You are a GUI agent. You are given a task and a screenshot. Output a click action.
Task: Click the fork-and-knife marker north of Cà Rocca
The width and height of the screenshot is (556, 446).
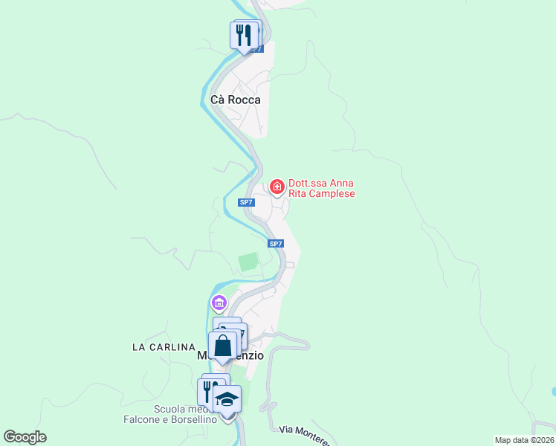[x=244, y=35]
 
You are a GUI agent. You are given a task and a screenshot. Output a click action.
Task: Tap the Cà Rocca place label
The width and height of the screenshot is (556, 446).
[x=236, y=100]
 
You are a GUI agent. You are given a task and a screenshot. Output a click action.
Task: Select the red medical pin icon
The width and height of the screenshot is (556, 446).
[x=277, y=187]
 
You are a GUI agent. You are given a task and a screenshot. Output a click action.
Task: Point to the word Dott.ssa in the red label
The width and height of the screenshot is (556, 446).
[x=309, y=184]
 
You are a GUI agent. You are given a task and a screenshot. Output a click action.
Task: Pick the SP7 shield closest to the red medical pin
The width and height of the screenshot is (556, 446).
[x=247, y=202]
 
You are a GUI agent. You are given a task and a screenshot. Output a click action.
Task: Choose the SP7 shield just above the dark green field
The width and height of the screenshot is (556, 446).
[x=275, y=243]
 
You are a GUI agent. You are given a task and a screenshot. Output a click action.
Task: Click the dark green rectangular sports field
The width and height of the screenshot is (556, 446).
[x=248, y=262]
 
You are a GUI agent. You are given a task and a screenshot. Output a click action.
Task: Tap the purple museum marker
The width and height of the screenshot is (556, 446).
[x=219, y=303]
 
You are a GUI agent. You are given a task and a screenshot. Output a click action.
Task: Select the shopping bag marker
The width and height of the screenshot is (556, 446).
[x=223, y=346]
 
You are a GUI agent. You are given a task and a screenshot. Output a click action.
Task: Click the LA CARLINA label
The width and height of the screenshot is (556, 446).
[x=163, y=347]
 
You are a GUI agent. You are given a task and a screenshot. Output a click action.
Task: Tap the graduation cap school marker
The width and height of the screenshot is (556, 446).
[x=227, y=399]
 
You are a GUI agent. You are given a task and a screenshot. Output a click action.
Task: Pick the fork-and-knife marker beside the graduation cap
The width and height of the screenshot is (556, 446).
[x=207, y=391]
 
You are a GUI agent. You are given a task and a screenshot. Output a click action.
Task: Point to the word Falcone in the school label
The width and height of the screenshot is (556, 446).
[x=143, y=419]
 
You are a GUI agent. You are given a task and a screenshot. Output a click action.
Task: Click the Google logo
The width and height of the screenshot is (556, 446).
[x=25, y=437]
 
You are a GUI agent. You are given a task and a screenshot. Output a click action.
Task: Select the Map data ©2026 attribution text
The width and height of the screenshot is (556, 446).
[x=525, y=440]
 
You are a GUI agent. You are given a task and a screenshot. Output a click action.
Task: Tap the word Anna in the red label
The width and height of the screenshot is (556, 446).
[x=341, y=184]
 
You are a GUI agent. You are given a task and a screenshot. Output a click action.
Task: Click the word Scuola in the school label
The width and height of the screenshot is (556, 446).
[x=170, y=409]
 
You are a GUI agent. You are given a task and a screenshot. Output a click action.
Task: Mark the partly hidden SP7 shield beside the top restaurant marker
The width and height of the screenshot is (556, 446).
[x=256, y=49]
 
